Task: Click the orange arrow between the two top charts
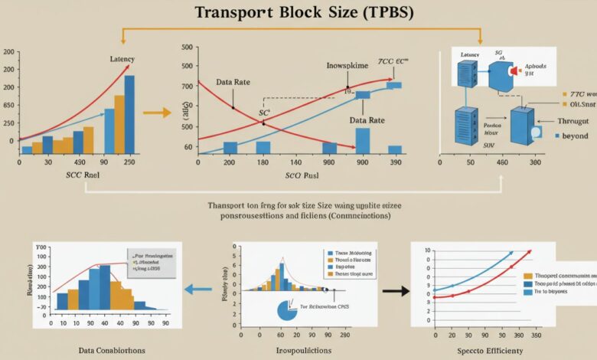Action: (x=158, y=113)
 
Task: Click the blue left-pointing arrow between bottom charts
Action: (x=200, y=290)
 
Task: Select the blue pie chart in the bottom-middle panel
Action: (x=285, y=309)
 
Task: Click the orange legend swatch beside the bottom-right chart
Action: (x=527, y=273)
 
